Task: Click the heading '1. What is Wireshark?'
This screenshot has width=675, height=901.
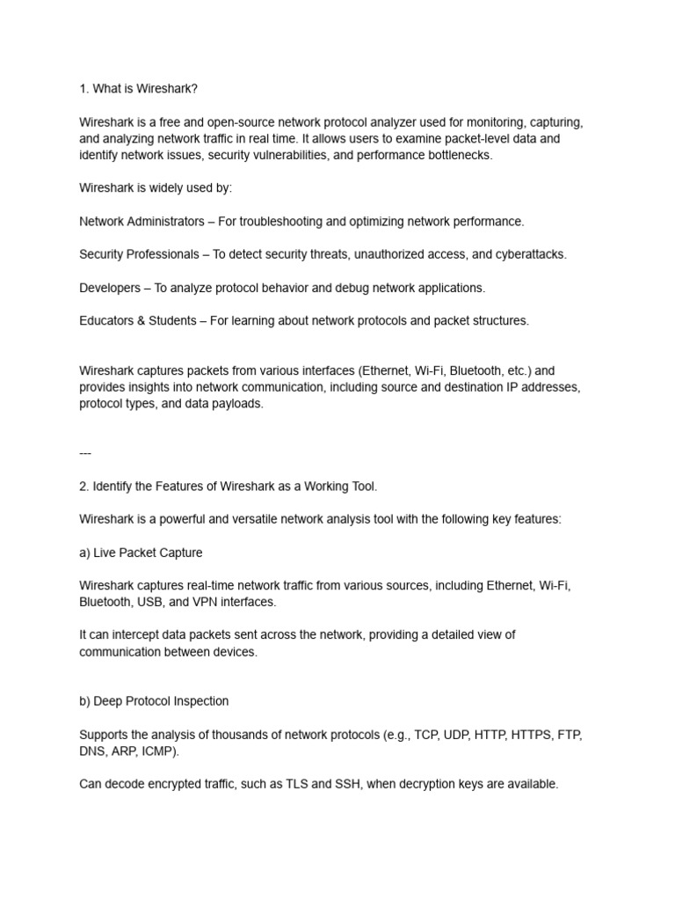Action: [x=145, y=90]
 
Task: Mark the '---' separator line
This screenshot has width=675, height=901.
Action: [x=85, y=453]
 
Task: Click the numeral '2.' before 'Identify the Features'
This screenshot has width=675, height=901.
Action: [x=84, y=487]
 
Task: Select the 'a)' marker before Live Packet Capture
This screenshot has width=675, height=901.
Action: [x=85, y=553]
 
